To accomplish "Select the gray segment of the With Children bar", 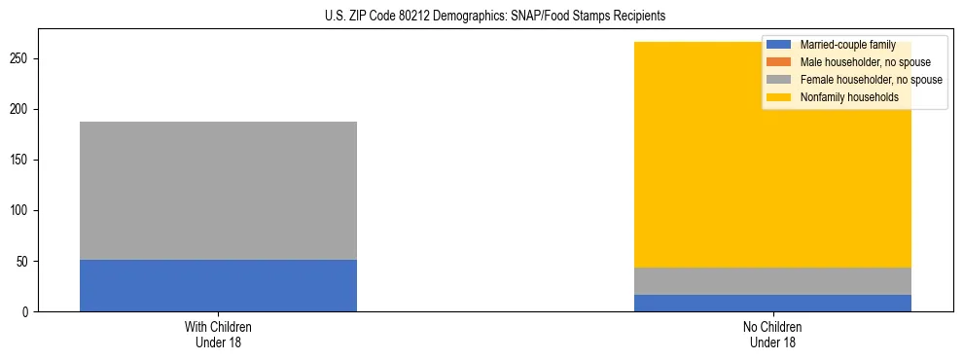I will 218,191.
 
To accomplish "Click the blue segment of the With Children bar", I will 218,285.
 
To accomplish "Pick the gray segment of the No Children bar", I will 772,281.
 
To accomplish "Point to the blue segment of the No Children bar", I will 772,303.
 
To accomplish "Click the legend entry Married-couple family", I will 847,45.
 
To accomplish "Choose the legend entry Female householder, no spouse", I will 871,80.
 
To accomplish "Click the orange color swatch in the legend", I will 779,62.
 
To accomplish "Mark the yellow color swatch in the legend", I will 779,97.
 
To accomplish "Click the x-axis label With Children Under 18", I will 218,335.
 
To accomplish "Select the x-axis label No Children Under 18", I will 772,335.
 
